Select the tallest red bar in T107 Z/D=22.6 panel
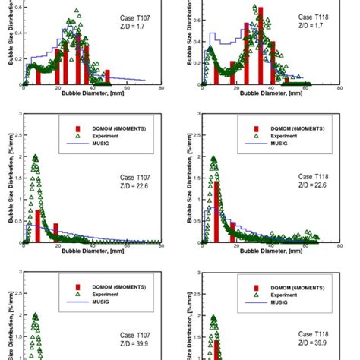(x=38, y=226)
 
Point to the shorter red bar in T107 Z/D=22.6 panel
(x=55, y=233)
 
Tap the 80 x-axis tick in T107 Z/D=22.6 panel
(x=161, y=247)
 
